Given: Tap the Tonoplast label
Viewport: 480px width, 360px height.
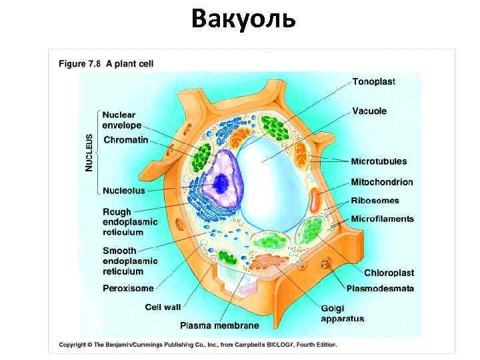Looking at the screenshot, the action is point(373,82).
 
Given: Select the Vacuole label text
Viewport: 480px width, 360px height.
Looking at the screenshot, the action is point(369,111).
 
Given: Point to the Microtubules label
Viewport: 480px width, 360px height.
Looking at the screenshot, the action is point(379,161).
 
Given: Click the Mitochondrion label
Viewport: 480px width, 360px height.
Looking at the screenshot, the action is point(382,182).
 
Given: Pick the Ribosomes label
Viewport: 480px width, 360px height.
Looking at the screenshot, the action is point(375,201).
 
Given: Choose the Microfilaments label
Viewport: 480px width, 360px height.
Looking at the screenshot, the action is point(382,219).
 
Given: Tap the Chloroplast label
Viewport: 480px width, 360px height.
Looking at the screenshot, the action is point(389,273).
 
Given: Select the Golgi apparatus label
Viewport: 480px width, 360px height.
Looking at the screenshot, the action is point(342,313).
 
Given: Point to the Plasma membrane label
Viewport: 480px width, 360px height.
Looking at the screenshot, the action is point(219,325).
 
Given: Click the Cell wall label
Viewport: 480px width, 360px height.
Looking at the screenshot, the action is point(163,307).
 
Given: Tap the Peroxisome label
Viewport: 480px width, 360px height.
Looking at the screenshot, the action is point(128,289).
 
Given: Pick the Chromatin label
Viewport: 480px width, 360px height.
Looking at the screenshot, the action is point(125,140).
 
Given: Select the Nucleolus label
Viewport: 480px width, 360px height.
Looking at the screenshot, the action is point(123,191).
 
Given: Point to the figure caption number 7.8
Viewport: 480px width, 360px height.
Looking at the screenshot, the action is point(93,64).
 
